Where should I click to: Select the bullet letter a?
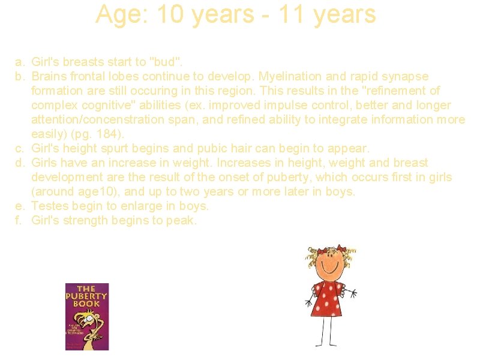click(x=20, y=62)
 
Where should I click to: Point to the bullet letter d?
click(x=20, y=163)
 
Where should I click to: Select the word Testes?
click(x=49, y=206)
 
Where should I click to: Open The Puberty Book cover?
click(x=87, y=317)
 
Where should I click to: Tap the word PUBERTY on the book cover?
click(x=87, y=296)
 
